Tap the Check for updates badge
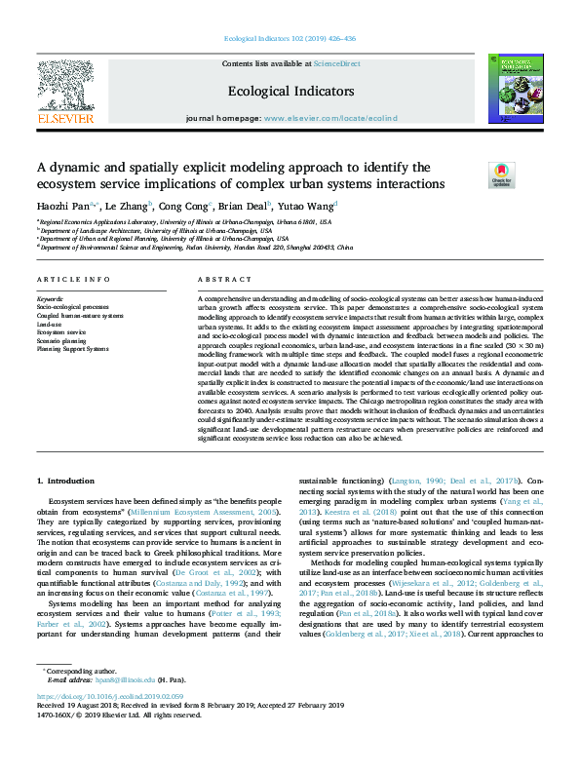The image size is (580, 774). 475,175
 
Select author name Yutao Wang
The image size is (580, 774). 308,206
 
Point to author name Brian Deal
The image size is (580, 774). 238,206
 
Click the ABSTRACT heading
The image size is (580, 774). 218,280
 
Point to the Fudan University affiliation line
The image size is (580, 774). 195,248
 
